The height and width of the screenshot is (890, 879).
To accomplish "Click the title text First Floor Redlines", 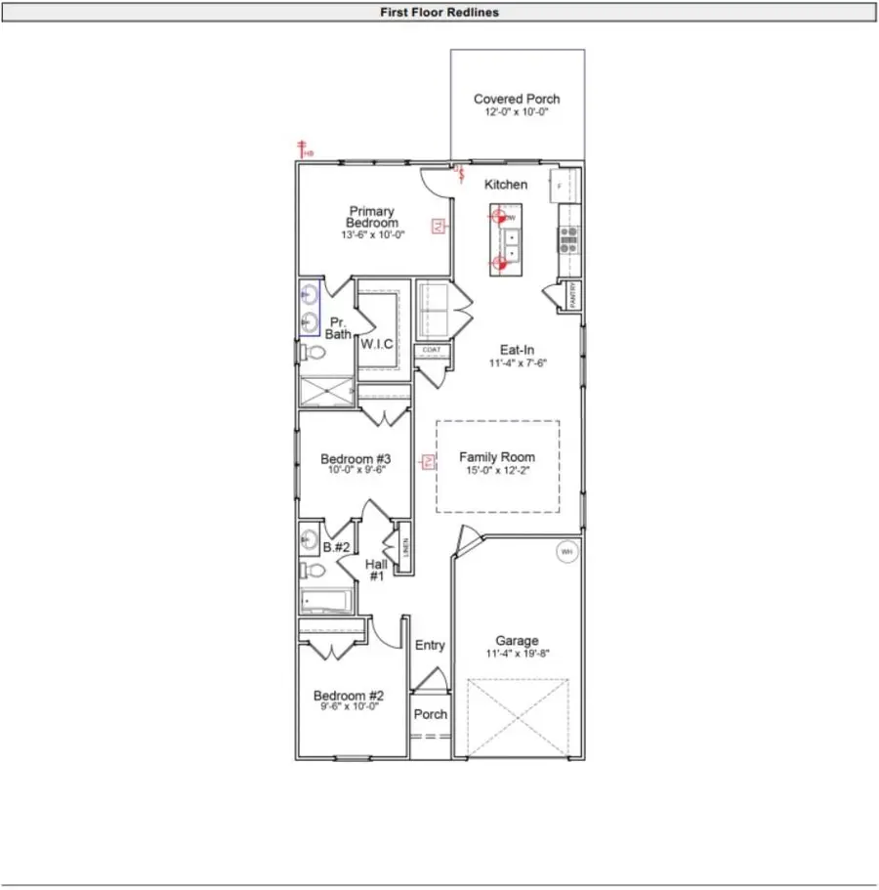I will click(439, 13).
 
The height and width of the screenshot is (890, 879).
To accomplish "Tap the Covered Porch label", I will click(517, 99).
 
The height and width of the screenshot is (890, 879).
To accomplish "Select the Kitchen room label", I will click(506, 185).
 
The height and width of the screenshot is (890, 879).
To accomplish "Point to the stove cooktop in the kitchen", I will click(567, 236).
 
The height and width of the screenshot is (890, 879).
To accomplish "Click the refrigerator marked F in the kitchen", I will click(565, 184).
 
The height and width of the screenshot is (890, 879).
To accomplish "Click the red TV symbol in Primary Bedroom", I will click(439, 227).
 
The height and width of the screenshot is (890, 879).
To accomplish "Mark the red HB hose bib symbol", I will click(305, 149).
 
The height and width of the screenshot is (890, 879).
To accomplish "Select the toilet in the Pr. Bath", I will click(312, 353).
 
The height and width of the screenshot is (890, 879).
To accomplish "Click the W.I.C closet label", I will click(377, 344).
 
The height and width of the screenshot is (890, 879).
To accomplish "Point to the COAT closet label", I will click(431, 350).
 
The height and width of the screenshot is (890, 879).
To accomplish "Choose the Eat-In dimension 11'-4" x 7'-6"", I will click(518, 362).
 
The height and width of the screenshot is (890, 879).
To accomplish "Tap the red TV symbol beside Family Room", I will click(427, 462).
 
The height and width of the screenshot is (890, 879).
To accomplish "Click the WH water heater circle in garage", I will click(565, 552).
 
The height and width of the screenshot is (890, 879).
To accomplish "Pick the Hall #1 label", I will click(377, 571).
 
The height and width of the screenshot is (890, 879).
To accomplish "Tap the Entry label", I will click(430, 645).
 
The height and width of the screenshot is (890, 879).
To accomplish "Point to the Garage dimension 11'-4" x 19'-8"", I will click(517, 654).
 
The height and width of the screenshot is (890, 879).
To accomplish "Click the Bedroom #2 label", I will click(347, 696).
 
